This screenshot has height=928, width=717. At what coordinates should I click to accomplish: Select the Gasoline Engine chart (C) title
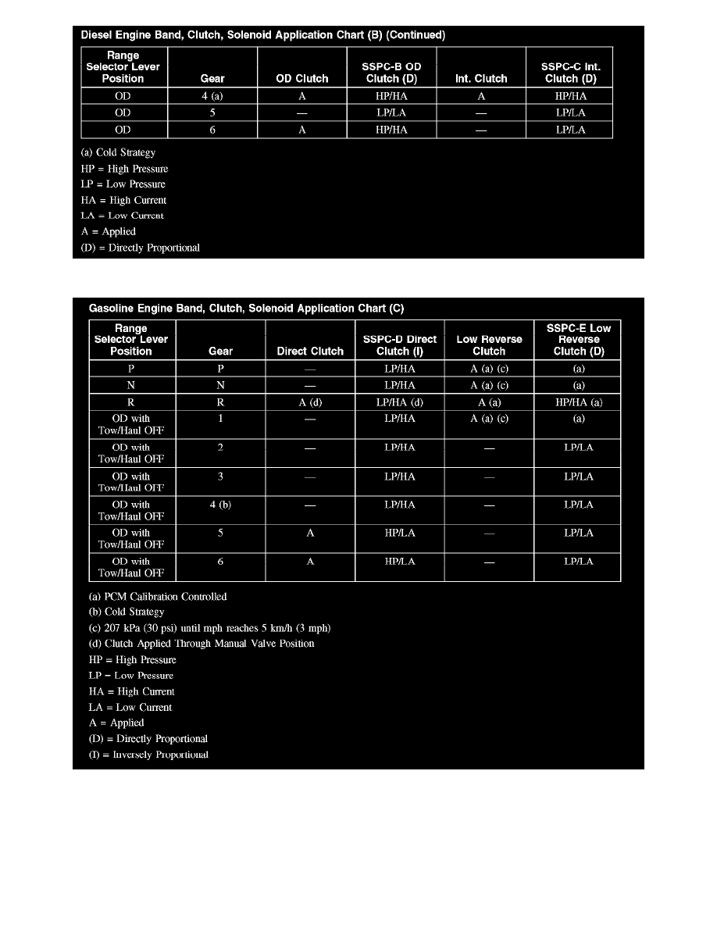pyautogui.click(x=246, y=309)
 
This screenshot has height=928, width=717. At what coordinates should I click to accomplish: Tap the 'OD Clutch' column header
pyautogui.click(x=302, y=78)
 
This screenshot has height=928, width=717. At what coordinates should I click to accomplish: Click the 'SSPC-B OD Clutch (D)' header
pyautogui.click(x=391, y=73)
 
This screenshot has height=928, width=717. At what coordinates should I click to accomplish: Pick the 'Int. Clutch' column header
pyautogui.click(x=481, y=78)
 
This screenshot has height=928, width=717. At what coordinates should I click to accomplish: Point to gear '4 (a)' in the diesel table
pyautogui.click(x=212, y=96)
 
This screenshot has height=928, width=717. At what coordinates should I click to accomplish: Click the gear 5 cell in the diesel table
pyautogui.click(x=212, y=112)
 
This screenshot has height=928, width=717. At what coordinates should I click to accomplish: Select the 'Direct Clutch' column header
pyautogui.click(x=310, y=352)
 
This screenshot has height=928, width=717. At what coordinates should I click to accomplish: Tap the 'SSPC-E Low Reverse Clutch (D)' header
pyautogui.click(x=579, y=340)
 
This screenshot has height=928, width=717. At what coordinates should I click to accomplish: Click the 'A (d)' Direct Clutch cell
pyautogui.click(x=310, y=402)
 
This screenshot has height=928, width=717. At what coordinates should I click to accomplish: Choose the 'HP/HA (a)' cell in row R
pyautogui.click(x=579, y=402)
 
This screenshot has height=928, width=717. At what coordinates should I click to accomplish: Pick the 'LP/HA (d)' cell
pyautogui.click(x=400, y=402)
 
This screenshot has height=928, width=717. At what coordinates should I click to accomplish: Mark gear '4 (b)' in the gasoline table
pyautogui.click(x=221, y=505)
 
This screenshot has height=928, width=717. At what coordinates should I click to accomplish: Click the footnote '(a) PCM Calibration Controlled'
pyautogui.click(x=158, y=597)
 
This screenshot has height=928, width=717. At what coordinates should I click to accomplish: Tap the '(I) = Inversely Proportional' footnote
pyautogui.click(x=148, y=755)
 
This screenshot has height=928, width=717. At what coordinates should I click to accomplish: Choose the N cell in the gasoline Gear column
pyautogui.click(x=221, y=385)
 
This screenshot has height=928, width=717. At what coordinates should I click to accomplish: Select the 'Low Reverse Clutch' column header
pyautogui.click(x=489, y=345)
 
